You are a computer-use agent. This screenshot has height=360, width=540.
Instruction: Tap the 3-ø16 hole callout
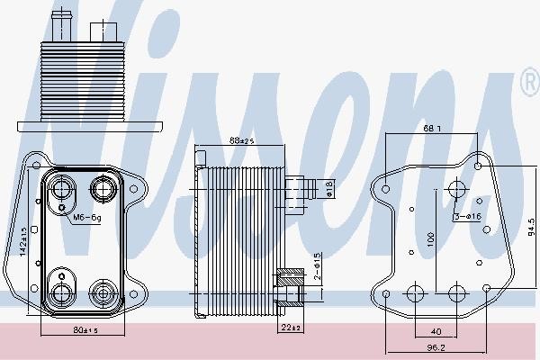[467, 217]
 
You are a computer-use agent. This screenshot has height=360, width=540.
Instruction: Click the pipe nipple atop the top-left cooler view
[62, 17]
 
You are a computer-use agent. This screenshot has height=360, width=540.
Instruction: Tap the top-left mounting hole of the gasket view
[385, 190]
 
